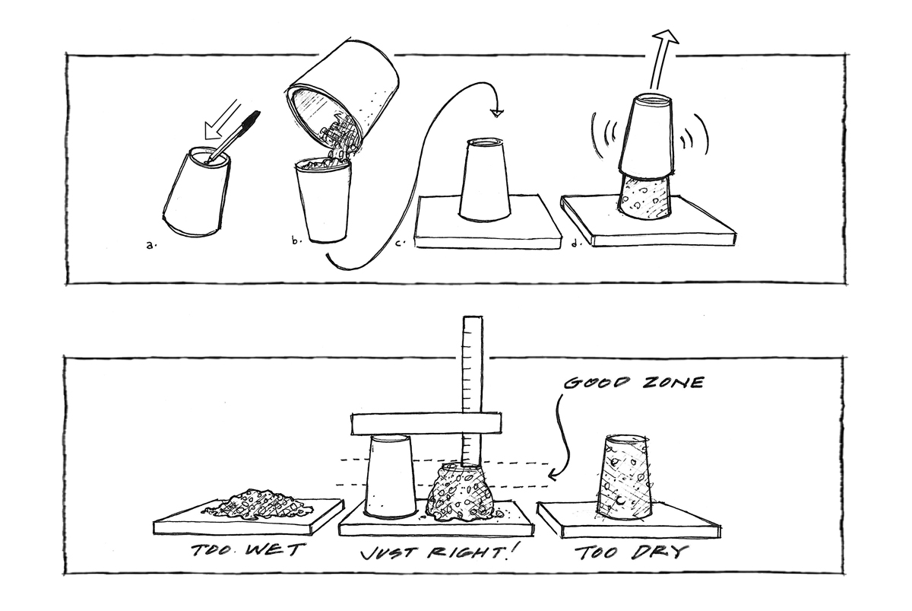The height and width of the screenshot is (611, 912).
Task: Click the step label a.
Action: pos(150,245)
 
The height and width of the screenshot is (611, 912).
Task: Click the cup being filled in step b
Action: pos(322,200)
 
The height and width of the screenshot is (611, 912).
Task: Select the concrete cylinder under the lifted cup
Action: pos(644,196)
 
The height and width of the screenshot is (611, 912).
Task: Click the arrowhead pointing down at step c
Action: pos(498,113)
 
